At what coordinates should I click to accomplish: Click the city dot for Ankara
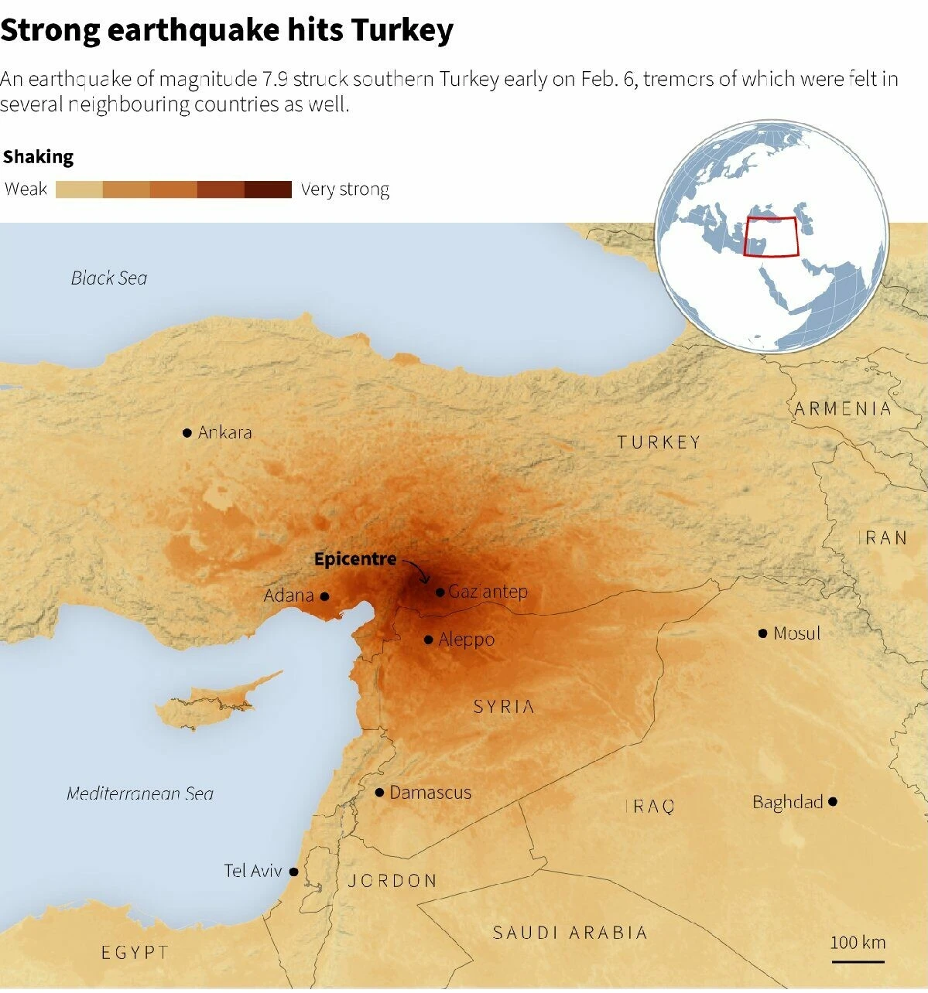pos(187,433)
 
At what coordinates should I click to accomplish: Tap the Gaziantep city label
pos(488,592)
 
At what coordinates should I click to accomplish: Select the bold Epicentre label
pos(354,559)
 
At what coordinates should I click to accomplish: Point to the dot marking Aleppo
pos(428,640)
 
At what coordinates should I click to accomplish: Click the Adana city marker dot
pos(324,596)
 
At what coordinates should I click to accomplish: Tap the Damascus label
pos(430,793)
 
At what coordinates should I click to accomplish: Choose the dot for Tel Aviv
pos(293,872)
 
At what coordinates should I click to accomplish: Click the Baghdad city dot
pos(832,802)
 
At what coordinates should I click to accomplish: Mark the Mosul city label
pos(796,633)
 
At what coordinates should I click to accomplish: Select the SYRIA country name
pos(504,707)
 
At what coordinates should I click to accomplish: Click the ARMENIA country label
pos(843,409)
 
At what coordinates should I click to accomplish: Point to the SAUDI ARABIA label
pos(570,933)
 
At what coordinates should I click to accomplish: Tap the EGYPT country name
pos(135,953)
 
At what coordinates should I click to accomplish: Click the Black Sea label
pos(109,278)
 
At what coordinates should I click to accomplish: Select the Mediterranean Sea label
pos(140,793)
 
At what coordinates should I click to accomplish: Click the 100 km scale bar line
pos(858,962)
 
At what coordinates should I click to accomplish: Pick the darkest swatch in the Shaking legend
pos(268,189)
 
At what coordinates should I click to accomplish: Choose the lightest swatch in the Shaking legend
pos(79,189)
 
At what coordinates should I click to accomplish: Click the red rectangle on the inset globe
pos(771,237)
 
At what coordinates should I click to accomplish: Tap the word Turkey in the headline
pos(402,30)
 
